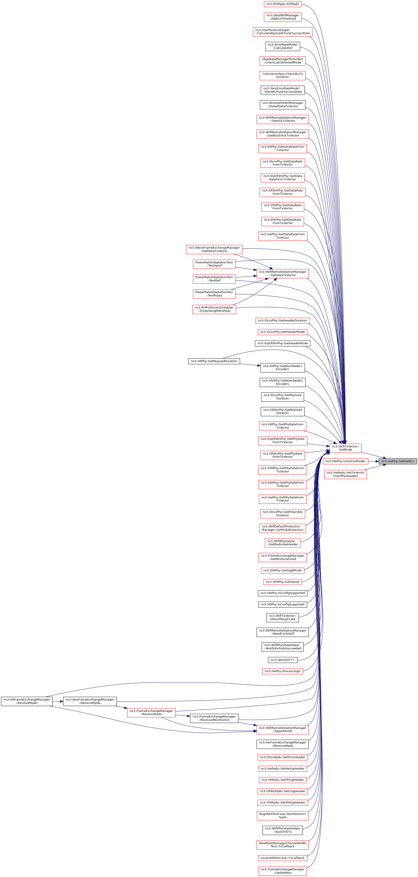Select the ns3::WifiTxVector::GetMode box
(x=345, y=448)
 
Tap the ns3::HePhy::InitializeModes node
(x=345, y=461)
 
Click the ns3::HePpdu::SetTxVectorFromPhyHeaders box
(x=345, y=474)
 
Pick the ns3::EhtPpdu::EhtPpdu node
(x=283, y=4)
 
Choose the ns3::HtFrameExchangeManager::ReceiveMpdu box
(x=27, y=701)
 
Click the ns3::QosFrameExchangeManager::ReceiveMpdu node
(x=90, y=701)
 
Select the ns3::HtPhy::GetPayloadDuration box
(x=214, y=361)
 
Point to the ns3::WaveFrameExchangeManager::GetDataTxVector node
(x=214, y=249)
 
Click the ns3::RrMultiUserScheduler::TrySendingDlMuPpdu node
(x=214, y=309)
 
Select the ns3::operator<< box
(x=283, y=660)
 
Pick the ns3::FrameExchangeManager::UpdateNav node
(x=283, y=871)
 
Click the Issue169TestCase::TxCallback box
(x=283, y=858)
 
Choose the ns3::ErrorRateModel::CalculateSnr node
(x=283, y=46)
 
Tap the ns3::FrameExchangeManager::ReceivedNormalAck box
(x=214, y=718)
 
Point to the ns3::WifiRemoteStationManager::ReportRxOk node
(x=283, y=730)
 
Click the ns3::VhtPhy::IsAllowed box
(x=283, y=582)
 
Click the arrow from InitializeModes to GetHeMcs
(x=373, y=461)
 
